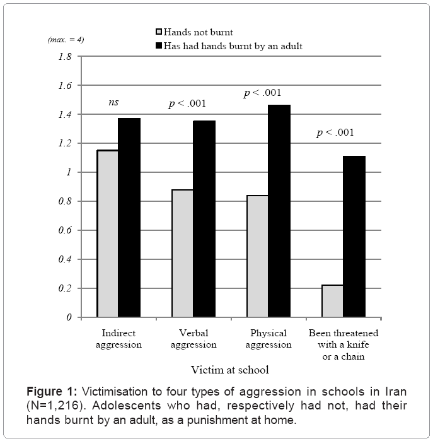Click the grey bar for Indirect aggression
[107, 233]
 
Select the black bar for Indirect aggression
[129, 218]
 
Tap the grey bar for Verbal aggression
[182, 253]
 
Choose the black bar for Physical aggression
[279, 211]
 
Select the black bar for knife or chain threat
[354, 237]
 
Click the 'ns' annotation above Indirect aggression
[113, 102]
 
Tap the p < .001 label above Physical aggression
[263, 93]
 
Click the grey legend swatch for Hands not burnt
[158, 32]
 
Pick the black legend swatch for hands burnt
[158, 45]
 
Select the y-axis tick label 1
[69, 172]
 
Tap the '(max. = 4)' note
[66, 39]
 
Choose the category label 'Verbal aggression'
[194, 339]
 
